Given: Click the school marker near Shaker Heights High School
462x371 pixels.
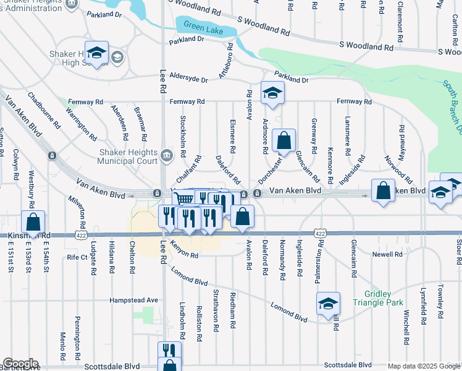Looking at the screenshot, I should pyautogui.click(x=96, y=52).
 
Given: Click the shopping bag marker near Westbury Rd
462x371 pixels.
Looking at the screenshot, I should pyautogui.click(x=33, y=222).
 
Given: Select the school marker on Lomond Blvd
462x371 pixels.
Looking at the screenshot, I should pyautogui.click(x=328, y=303).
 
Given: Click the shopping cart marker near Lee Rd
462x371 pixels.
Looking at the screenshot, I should pyautogui.click(x=183, y=199).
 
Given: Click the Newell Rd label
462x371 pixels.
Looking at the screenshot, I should pyautogui.click(x=387, y=254).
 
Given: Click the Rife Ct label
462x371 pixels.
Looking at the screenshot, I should pyautogui.click(x=78, y=257).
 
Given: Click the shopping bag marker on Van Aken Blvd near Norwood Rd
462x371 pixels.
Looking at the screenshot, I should pyautogui.click(x=383, y=190).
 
